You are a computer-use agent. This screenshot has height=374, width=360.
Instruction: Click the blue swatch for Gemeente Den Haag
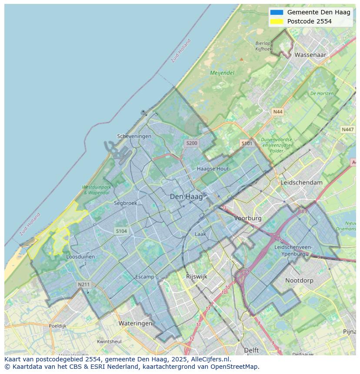[x=276, y=12]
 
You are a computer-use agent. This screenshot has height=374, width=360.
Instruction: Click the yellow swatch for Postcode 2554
[x=276, y=21]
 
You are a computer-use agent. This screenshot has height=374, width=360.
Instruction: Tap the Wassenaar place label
[x=310, y=55]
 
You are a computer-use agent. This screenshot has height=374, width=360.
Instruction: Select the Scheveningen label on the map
[x=134, y=136]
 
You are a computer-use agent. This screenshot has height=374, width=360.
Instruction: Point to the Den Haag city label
[x=186, y=197]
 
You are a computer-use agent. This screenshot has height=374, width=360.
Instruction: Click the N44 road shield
[x=277, y=112]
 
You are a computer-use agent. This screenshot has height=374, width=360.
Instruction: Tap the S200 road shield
[x=191, y=143]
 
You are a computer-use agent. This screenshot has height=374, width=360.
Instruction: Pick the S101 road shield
[x=247, y=143]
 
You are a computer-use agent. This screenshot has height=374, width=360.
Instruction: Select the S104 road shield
[x=121, y=231]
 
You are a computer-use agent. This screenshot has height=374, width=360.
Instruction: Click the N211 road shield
[x=83, y=285]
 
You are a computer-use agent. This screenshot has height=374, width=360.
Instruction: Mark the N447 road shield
[x=347, y=129]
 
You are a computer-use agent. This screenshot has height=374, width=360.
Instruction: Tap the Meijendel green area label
[x=222, y=73]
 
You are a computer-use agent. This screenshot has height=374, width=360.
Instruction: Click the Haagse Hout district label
[x=213, y=169]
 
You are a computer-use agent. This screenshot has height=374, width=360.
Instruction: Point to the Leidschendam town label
[x=302, y=182]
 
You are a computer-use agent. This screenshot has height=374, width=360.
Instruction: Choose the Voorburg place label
[x=248, y=218]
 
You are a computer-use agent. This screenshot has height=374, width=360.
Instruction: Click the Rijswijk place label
[x=197, y=276]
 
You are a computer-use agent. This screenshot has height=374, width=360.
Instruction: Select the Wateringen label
[x=135, y=323]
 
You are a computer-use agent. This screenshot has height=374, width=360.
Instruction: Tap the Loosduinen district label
[x=80, y=257]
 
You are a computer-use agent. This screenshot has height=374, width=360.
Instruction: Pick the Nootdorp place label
[x=299, y=281]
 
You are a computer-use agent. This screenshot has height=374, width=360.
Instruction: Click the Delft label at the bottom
[x=251, y=350]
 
